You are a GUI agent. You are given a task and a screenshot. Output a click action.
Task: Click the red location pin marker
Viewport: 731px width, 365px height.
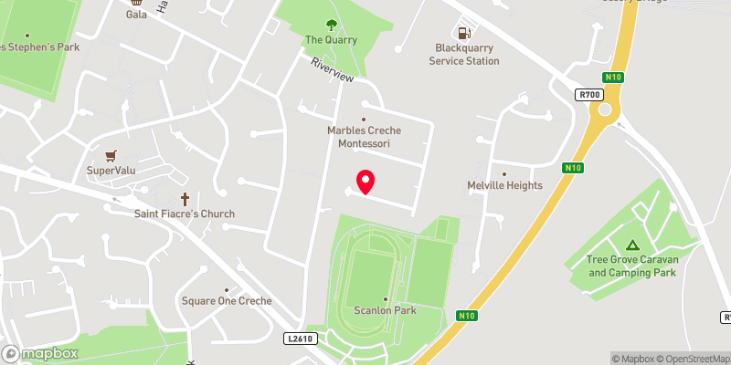(365, 182)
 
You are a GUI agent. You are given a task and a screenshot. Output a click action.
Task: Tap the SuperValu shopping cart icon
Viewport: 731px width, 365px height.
(111, 155)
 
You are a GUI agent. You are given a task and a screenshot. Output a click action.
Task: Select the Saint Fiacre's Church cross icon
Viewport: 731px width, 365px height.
(185, 198)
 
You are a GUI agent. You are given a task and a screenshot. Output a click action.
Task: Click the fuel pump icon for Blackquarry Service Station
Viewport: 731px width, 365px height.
(464, 33)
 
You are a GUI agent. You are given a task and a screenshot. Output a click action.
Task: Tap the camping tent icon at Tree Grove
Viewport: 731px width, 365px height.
(631, 245)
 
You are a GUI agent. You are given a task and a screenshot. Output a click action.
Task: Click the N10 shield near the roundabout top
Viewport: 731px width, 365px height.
(612, 77)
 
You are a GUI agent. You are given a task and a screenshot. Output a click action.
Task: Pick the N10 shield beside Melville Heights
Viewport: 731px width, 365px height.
(573, 167)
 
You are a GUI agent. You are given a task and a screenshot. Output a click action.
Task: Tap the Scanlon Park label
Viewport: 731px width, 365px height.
(386, 310)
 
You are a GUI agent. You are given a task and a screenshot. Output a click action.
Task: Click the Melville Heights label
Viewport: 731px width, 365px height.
(504, 185)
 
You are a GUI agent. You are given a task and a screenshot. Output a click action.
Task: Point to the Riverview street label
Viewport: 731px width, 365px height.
(332, 70)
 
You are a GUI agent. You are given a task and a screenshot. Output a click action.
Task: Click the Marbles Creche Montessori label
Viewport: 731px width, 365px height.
(364, 137)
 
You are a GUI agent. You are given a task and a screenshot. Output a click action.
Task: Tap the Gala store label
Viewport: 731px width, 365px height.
(136, 15)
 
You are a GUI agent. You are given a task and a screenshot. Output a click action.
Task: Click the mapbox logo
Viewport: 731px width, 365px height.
(40, 353)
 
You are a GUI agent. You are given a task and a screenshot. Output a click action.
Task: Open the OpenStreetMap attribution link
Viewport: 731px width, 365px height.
(690, 358)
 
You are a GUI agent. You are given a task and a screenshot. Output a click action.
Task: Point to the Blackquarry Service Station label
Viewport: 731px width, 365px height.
(464, 55)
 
